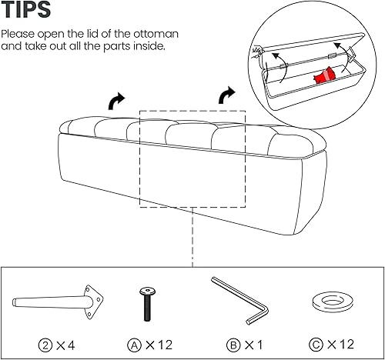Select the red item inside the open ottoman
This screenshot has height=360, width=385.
pos(323,75)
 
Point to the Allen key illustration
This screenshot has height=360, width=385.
pos(239,300)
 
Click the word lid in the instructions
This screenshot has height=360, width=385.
pos(99,35)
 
